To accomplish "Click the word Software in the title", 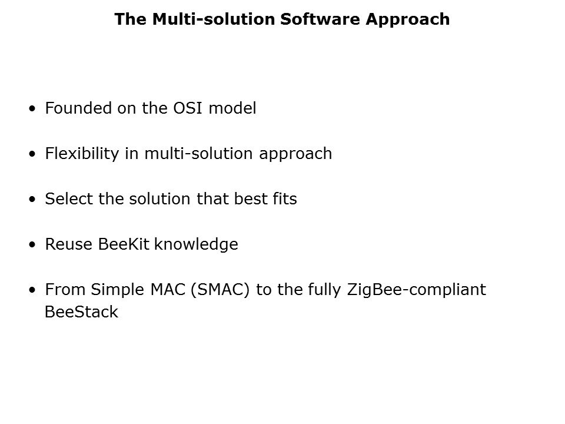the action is [320, 19].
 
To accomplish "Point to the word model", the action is [232, 108].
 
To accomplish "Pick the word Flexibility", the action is [82, 154].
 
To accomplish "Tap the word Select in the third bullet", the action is [68, 199].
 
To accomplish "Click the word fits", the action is [285, 199].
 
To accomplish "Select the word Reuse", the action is [68, 244].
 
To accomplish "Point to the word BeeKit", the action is [123, 244].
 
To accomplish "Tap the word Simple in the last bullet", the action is [117, 290].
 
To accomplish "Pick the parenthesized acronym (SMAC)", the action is [220, 290].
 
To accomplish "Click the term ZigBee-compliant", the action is [417, 290].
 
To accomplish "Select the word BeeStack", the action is [81, 312].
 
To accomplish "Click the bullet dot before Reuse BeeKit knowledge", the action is [32, 244].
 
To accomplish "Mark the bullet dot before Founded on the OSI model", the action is [32, 108].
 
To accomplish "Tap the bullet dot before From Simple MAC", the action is [32, 290].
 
